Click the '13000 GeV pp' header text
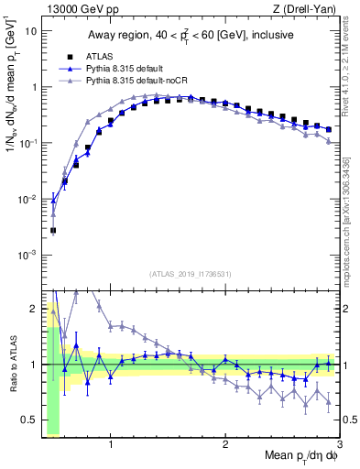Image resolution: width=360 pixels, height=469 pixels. (x=77, y=8)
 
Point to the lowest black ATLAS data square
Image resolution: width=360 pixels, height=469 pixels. (x=53, y=231)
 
